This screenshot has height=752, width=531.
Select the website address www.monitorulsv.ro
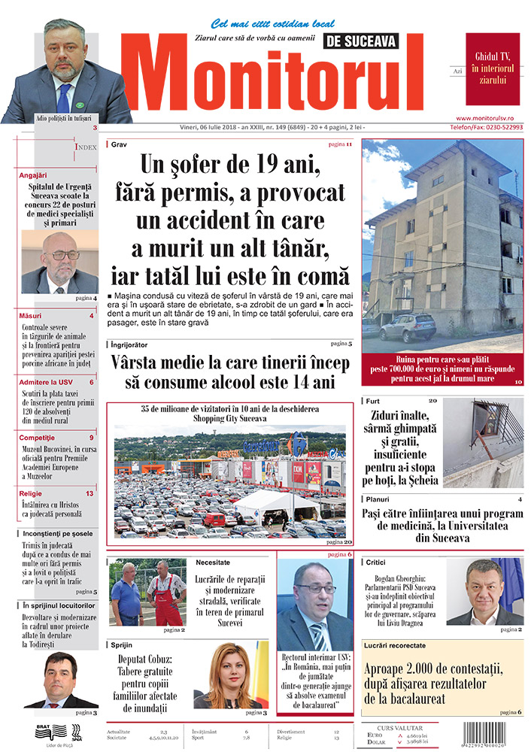(489, 119)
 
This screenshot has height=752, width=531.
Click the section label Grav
(119, 144)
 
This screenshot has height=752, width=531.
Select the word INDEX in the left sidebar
(85, 147)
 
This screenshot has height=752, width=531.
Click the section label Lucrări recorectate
(395, 645)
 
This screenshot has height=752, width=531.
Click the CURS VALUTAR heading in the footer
(399, 728)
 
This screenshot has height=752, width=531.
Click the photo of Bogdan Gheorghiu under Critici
(485, 591)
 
